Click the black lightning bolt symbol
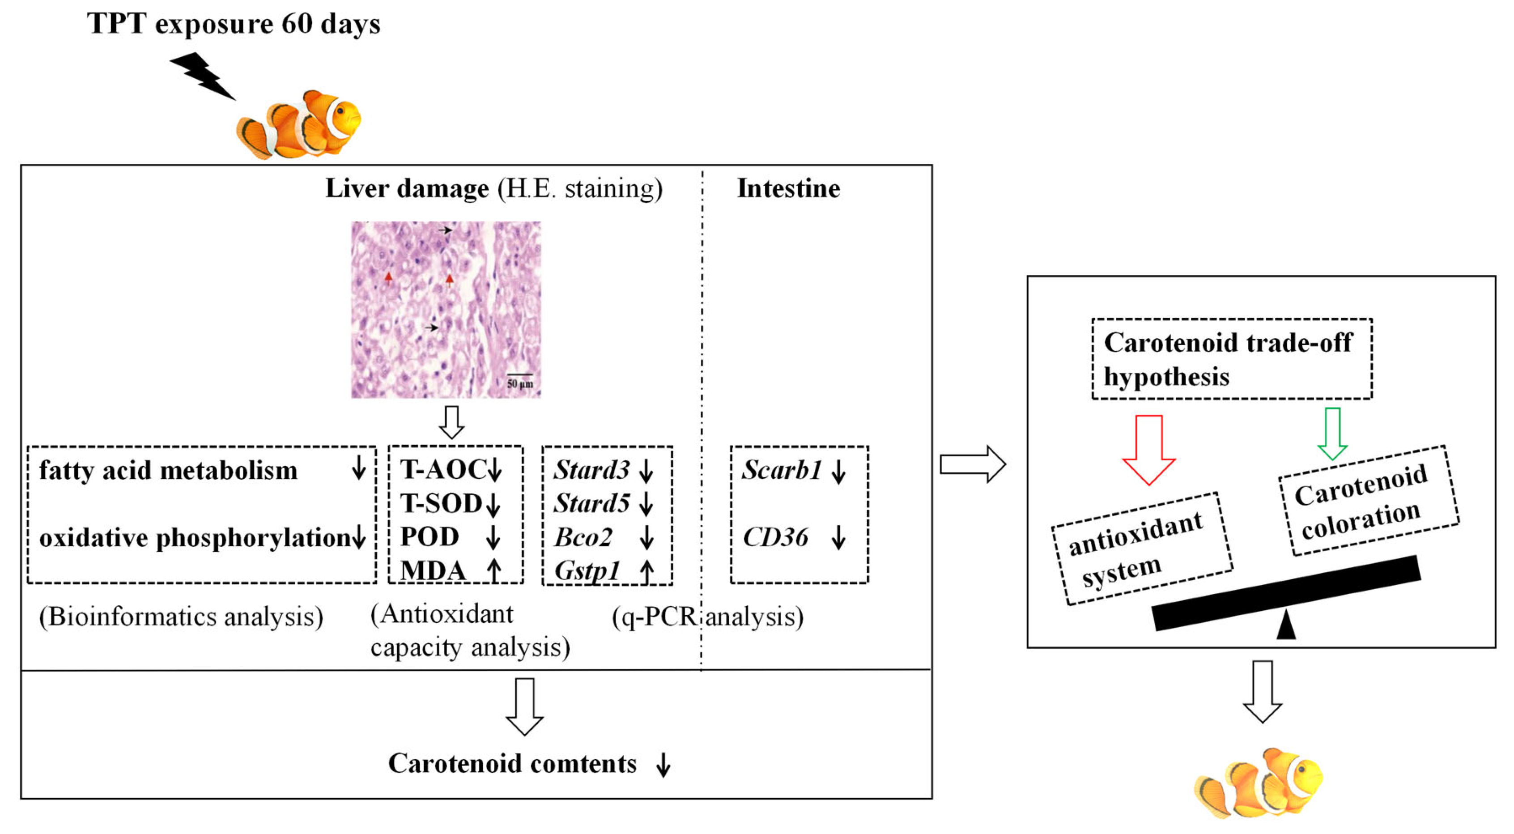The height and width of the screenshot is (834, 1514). [203, 76]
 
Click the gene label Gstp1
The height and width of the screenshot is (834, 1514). [587, 570]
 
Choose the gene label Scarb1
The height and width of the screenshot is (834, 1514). [781, 470]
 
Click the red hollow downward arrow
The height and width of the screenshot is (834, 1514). [1148, 449]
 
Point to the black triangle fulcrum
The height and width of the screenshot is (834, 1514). [1286, 625]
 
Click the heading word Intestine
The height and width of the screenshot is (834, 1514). [788, 189]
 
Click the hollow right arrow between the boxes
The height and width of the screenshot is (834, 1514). [972, 464]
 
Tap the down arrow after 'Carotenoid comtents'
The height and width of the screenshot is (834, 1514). [663, 765]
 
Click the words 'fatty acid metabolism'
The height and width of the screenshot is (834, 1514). [168, 470]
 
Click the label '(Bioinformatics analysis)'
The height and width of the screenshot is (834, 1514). [181, 617]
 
